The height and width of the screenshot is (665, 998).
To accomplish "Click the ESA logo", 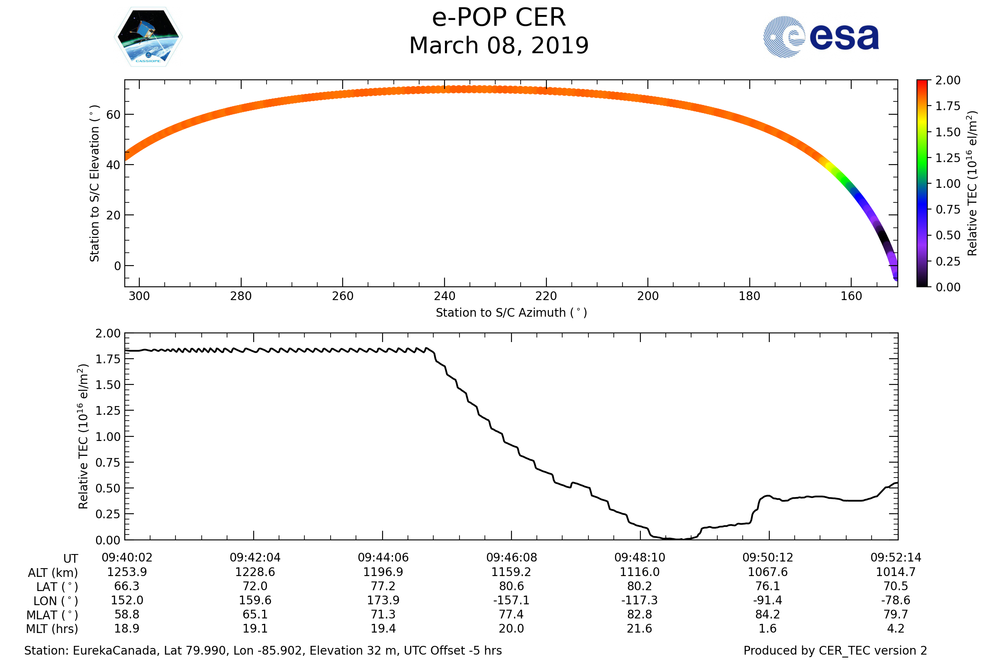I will [820, 37].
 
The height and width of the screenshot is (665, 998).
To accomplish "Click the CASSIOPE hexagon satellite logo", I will [148, 37].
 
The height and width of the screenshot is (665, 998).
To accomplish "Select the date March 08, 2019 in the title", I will [499, 46].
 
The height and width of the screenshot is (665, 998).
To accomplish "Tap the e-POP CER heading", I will [499, 18].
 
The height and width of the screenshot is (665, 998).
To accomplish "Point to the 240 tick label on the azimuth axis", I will [444, 296].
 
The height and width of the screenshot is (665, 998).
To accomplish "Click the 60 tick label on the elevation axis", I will [113, 115].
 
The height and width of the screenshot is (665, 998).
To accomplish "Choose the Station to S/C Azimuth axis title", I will [511, 313].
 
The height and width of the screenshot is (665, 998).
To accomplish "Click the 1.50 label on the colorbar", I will [948, 132].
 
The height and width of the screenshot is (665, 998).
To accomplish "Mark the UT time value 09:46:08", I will [511, 558].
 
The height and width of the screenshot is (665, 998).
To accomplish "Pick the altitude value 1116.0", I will [640, 572].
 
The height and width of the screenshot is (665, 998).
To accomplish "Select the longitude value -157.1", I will [511, 601].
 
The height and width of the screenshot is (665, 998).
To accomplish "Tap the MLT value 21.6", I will [640, 628].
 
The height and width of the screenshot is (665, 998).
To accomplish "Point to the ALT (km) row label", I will [53, 573].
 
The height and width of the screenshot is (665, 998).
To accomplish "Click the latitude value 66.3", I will [127, 586].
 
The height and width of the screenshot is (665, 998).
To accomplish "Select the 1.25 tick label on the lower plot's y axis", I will [108, 411].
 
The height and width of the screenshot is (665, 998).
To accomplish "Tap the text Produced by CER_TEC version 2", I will [835, 650].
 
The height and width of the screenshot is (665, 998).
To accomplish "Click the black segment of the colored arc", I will [884, 239].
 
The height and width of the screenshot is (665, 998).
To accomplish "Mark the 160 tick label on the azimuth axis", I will [851, 296].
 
